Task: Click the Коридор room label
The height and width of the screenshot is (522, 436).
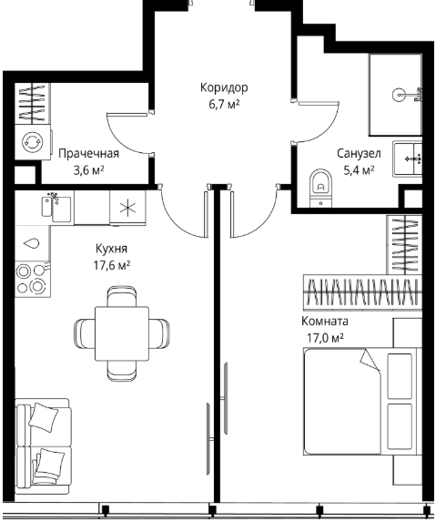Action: pyautogui.click(x=224, y=87)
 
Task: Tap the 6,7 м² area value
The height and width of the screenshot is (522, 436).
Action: pyautogui.click(x=224, y=105)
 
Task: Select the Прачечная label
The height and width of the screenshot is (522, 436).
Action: pyautogui.click(x=89, y=154)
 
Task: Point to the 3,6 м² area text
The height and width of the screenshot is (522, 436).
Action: pyautogui.click(x=89, y=170)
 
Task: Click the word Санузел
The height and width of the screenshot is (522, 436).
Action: pyautogui.click(x=359, y=154)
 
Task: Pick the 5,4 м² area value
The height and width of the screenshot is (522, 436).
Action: pyautogui.click(x=359, y=170)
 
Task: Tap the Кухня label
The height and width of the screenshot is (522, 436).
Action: pyautogui.click(x=111, y=249)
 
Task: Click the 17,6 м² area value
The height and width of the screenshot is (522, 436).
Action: pyautogui.click(x=111, y=266)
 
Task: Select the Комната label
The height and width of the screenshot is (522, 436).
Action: pyautogui.click(x=325, y=322)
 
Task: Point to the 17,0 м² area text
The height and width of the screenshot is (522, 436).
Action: pyautogui.click(x=325, y=338)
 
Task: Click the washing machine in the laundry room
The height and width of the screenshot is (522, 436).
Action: pyautogui.click(x=33, y=142)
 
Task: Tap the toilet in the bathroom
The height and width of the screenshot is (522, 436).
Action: pyautogui.click(x=321, y=188)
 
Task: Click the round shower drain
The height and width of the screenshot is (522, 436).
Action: pyautogui.click(x=399, y=95)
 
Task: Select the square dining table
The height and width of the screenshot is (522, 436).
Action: pyautogui.click(x=122, y=333)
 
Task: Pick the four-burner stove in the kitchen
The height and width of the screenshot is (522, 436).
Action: pyautogui.click(x=33, y=279)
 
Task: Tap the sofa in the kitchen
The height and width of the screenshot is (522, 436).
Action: pyautogui.click(x=43, y=446)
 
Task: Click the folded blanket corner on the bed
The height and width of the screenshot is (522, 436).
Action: pyautogui.click(x=370, y=360)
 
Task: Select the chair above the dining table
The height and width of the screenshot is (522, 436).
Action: pyautogui.click(x=122, y=296)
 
